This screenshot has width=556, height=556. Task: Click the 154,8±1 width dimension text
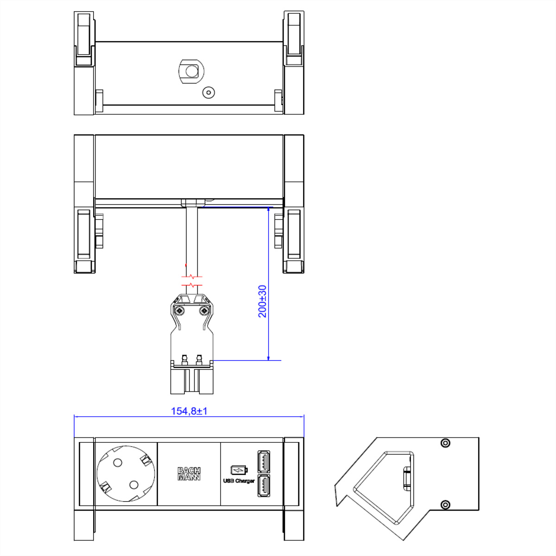point(189,411)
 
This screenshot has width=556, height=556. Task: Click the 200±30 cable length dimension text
point(262,301)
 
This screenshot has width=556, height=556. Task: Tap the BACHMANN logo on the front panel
point(189,474)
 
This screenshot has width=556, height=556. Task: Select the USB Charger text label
point(239,481)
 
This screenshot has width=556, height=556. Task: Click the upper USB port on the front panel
point(264,461)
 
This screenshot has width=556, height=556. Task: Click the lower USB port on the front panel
point(264,486)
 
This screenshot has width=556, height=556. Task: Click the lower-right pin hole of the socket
point(134,485)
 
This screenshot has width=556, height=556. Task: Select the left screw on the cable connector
point(179,311)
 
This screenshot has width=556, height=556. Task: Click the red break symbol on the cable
point(192,281)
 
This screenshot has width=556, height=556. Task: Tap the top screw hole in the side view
point(445,443)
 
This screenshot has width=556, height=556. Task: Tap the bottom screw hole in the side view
point(445,504)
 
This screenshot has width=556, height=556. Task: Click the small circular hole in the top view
point(209,93)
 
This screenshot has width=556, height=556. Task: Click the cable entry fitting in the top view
point(191,71)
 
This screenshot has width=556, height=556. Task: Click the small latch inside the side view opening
point(407,478)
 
